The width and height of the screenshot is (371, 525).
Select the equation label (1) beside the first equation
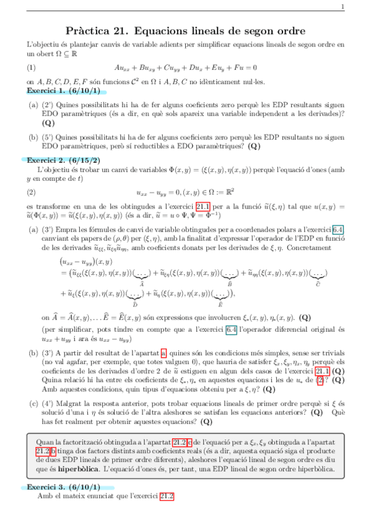[32, 67]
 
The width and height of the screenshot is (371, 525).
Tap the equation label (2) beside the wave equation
[32, 191]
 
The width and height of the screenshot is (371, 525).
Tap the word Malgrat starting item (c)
[70, 402]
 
